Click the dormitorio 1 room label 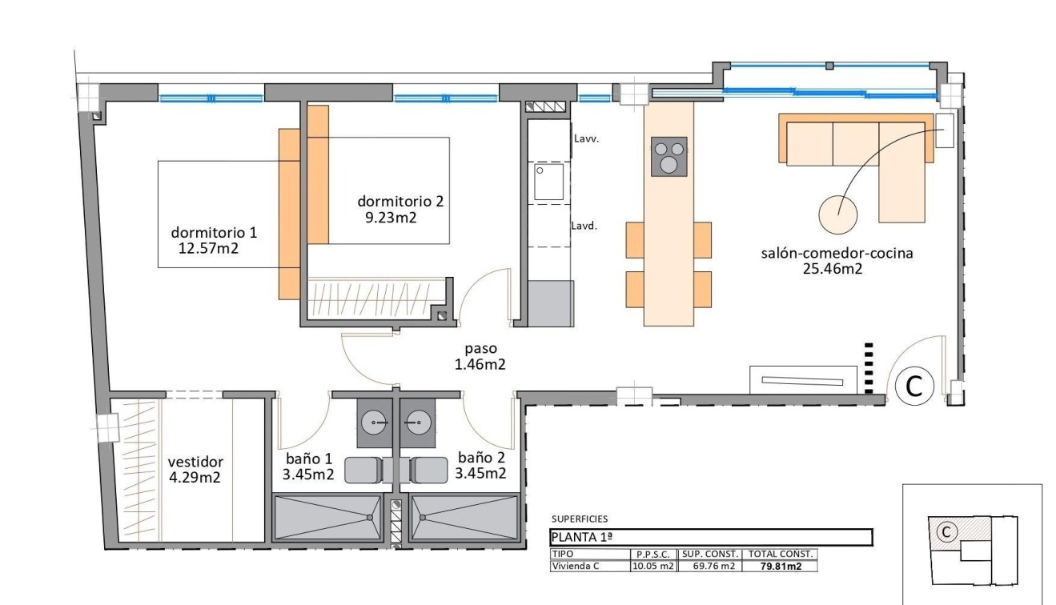214,233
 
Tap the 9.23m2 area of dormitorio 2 391,216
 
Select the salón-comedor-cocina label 837,254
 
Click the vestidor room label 195,463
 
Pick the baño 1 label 309,459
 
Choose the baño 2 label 481,458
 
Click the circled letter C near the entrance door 913,387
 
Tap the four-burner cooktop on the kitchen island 669,157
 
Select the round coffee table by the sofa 837,214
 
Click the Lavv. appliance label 586,138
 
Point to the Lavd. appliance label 585,226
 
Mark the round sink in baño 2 416,420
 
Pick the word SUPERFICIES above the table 580,519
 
